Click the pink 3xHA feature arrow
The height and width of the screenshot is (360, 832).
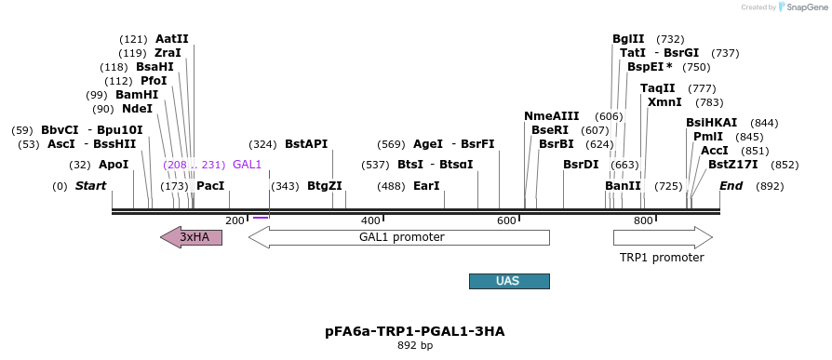192,237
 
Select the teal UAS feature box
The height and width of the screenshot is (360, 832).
509,281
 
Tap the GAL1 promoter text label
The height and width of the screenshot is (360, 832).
401,237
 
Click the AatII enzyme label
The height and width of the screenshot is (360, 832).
172,39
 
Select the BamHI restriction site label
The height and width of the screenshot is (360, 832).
137,95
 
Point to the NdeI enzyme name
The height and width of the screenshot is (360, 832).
137,109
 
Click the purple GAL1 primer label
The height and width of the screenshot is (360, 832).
247,165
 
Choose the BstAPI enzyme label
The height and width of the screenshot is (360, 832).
306,144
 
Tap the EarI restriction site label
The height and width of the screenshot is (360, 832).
426,186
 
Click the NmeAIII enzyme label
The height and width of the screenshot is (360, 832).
551,116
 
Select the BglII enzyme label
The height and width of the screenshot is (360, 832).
628,39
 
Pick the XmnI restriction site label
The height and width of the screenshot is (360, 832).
664,102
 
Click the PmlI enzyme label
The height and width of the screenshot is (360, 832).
707,137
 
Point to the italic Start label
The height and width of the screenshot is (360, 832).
90,186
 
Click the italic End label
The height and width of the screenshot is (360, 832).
731,186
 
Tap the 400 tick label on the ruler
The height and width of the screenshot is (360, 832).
370,220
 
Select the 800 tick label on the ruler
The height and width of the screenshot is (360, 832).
643,220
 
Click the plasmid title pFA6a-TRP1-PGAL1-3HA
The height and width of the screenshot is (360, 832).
414,330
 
